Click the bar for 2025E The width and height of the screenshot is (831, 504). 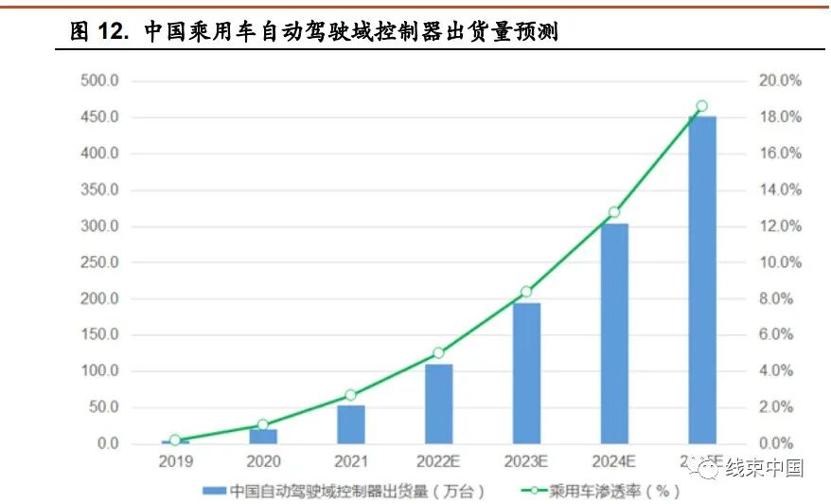tap(701, 279)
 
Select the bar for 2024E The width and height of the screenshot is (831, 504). tap(613, 333)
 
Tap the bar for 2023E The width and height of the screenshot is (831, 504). tap(526, 373)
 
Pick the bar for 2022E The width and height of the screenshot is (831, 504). tap(438, 404)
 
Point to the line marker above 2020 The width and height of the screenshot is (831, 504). tap(262, 424)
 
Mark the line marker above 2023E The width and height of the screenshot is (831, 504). tap(526, 292)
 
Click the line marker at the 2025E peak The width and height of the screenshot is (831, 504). tap(701, 106)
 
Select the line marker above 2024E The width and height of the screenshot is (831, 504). tap(613, 212)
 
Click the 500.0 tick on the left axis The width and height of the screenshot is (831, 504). tap(99, 81)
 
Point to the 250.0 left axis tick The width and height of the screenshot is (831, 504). tap(99, 262)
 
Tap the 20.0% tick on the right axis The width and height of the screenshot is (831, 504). tap(780, 81)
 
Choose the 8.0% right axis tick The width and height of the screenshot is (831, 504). tap(780, 298)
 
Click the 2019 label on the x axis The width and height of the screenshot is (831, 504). tap(175, 461)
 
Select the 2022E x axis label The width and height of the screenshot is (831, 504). tap(438, 461)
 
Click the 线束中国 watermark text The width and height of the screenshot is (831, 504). tap(764, 467)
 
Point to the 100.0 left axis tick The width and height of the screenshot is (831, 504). tap(99, 370)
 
